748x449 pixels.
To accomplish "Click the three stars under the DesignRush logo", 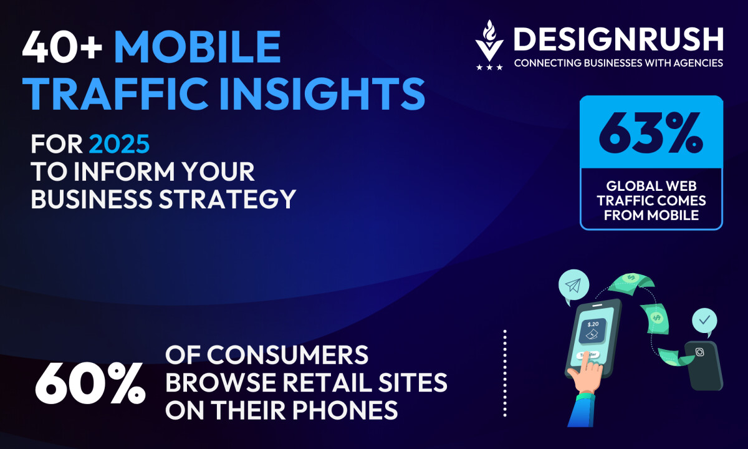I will point(489,67).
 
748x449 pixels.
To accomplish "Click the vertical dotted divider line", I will point(505,373).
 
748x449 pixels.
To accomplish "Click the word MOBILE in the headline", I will point(198,47).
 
